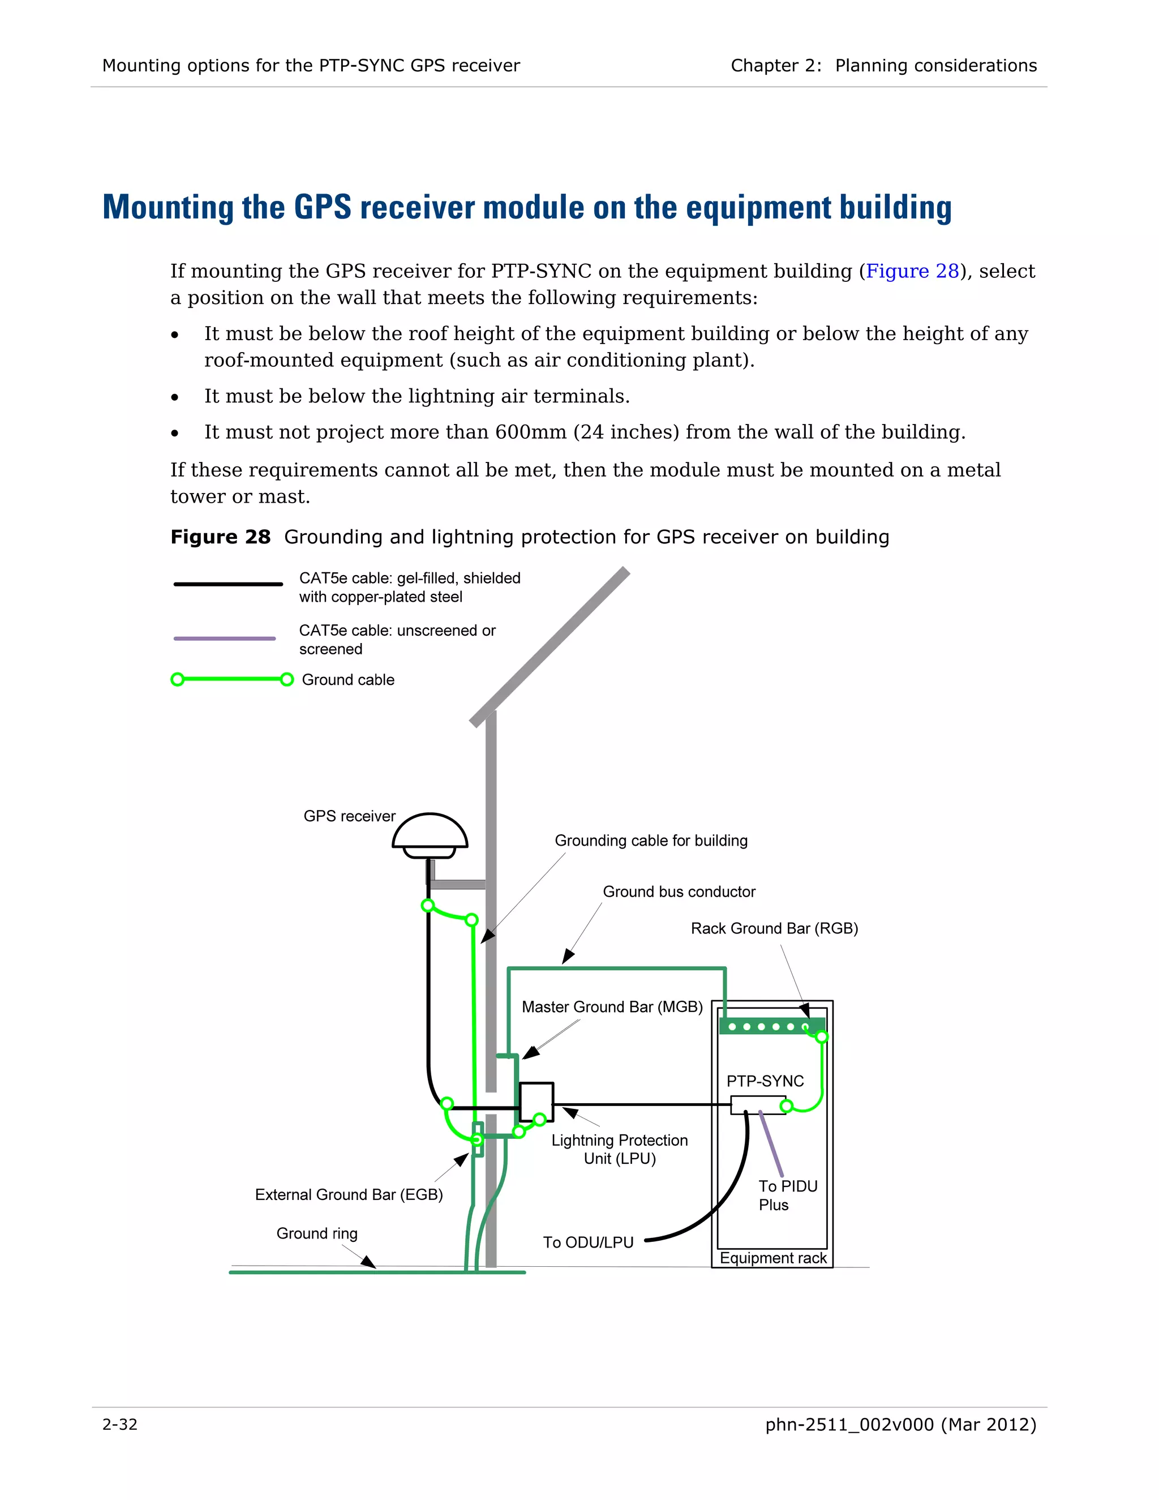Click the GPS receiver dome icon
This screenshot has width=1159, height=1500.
pos(430,834)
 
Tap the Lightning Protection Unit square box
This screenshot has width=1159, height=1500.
pos(535,1102)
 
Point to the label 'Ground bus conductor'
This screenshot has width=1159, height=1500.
pos(679,892)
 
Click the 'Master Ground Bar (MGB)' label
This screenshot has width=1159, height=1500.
pos(612,1007)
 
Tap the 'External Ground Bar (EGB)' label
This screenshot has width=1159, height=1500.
pos(349,1194)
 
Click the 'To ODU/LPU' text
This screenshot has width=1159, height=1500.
pos(588,1242)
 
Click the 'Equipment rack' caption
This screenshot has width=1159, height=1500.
pos(772,1258)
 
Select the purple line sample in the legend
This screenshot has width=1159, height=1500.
pos(225,638)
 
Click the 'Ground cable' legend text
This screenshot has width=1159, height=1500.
pos(347,679)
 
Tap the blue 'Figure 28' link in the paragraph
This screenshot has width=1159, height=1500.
pos(912,271)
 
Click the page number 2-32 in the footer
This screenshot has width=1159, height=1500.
pos(119,1425)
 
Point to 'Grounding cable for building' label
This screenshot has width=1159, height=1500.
pos(650,841)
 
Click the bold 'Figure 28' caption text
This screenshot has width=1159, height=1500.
pos(220,537)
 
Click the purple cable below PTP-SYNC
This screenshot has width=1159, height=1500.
pos(771,1143)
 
